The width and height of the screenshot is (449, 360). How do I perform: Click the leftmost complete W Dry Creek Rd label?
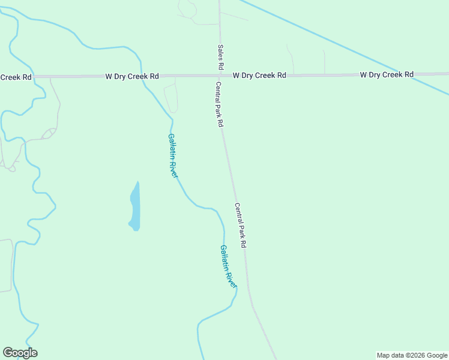(x=132, y=76)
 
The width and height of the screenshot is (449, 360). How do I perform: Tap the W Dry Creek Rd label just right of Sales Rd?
(x=259, y=76)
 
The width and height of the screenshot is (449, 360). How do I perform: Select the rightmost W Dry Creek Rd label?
(x=387, y=74)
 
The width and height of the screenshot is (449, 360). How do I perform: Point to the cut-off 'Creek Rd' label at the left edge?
(x=16, y=77)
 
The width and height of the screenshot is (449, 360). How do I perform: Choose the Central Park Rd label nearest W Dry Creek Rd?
(x=219, y=104)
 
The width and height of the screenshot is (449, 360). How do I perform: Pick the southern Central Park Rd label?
(x=241, y=226)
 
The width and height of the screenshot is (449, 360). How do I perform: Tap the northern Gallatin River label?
(x=173, y=155)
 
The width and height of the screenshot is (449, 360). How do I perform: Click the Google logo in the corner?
(x=20, y=353)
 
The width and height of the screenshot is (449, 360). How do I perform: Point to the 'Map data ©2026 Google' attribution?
(x=412, y=355)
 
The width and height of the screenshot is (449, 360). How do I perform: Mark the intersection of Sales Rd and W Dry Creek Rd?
(x=218, y=76)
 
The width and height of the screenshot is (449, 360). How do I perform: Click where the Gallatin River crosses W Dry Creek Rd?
(x=142, y=76)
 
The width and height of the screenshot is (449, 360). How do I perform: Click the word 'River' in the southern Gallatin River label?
(x=231, y=277)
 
